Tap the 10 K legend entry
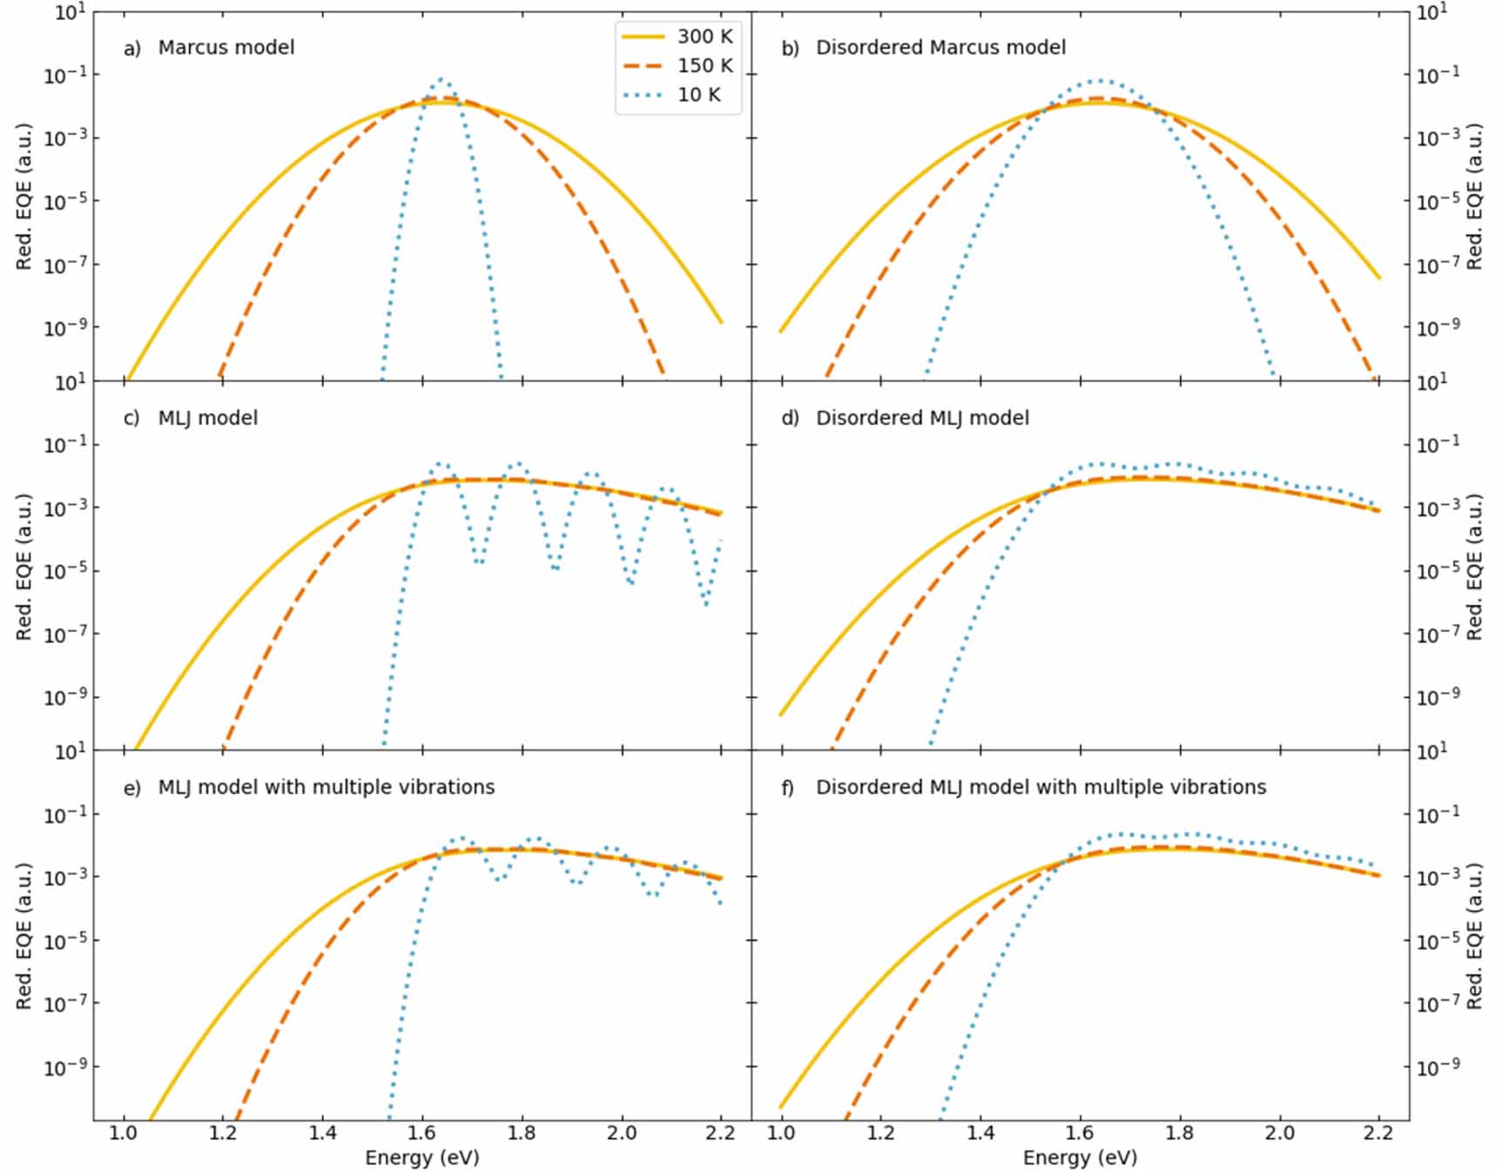tap(670, 95)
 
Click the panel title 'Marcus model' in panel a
tap(226, 47)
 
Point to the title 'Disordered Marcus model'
tap(940, 47)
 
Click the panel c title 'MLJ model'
tap(207, 418)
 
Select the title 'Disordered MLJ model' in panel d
tap(921, 418)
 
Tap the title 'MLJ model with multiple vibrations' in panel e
tap(326, 787)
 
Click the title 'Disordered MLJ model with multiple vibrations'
tap(1040, 787)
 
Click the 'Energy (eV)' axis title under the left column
tap(421, 1157)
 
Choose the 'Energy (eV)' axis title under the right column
tap(1080, 1157)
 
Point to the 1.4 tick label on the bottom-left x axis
tap(322, 1133)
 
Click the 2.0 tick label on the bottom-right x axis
tap(1279, 1133)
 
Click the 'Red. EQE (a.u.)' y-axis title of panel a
tap(24, 196)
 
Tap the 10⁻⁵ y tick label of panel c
tap(64, 570)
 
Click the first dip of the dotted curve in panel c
tap(480, 562)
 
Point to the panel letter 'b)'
tap(789, 49)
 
